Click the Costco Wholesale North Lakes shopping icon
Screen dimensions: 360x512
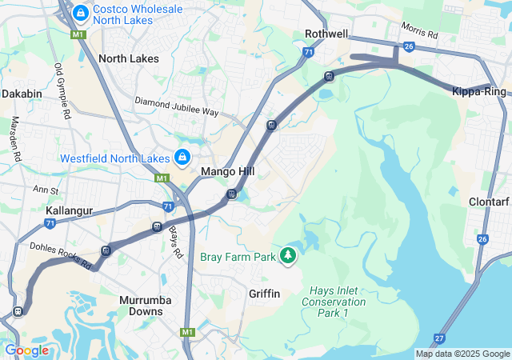click(x=81, y=13)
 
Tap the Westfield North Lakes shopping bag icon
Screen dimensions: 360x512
click(x=182, y=157)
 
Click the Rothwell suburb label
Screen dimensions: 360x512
click(x=326, y=34)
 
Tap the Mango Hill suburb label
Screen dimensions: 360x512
click(x=227, y=172)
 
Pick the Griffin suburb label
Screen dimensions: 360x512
click(x=265, y=294)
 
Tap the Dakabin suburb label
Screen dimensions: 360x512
click(x=22, y=94)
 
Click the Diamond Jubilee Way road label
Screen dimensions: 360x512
click(x=177, y=106)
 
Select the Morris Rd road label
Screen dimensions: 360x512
click(x=421, y=34)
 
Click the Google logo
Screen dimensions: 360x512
click(x=26, y=350)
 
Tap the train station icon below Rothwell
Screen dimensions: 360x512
click(x=329, y=77)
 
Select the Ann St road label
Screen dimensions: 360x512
click(x=46, y=190)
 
